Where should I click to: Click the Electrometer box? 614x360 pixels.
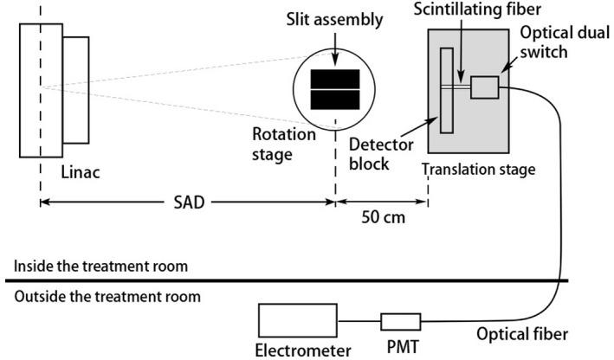[296, 322]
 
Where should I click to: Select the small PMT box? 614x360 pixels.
[400, 322]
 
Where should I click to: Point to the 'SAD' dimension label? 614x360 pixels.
[186, 205]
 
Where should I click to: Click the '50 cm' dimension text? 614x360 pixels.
[382, 219]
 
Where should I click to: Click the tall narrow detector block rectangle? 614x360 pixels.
[447, 91]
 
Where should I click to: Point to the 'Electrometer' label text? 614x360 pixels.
[303, 350]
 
